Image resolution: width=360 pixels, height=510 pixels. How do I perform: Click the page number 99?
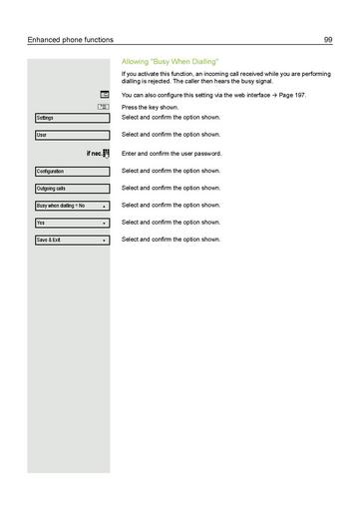click(x=328, y=39)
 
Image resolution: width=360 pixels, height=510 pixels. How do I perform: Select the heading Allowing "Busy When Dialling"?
click(x=170, y=62)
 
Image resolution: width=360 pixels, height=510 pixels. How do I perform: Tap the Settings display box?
click(x=71, y=118)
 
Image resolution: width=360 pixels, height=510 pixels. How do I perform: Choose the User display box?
click(x=71, y=135)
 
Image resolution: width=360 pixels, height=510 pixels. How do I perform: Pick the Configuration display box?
click(x=71, y=172)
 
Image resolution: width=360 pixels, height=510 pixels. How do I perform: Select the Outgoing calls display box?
click(x=71, y=189)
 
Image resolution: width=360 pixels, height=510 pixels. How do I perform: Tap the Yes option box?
click(x=71, y=223)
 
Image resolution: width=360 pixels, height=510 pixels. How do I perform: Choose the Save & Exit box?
click(x=71, y=241)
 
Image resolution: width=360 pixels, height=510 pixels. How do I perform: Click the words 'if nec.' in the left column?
click(x=94, y=154)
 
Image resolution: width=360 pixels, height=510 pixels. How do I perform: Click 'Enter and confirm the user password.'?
click(x=172, y=154)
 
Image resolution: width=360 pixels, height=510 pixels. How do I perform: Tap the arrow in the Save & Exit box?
click(x=104, y=241)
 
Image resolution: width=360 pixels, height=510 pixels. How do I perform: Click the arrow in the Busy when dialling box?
click(x=104, y=206)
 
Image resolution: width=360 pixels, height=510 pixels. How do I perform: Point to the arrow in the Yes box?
click(x=104, y=224)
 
